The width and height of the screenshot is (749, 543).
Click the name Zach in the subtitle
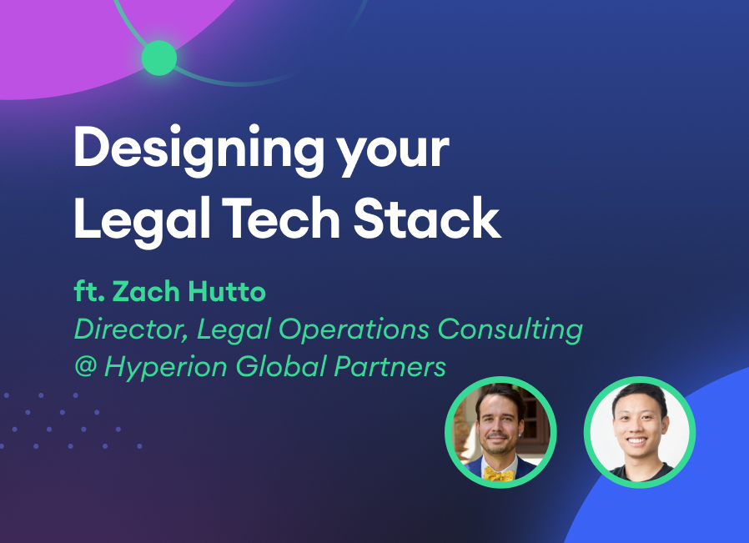(x=141, y=293)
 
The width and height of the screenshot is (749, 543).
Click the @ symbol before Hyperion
(x=84, y=366)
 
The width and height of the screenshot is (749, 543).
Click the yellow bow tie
(x=499, y=473)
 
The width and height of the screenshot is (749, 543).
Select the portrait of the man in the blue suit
(x=500, y=433)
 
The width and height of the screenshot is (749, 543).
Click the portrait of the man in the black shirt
(x=639, y=433)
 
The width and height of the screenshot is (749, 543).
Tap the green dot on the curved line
(x=158, y=58)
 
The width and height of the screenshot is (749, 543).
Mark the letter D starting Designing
(x=90, y=149)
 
